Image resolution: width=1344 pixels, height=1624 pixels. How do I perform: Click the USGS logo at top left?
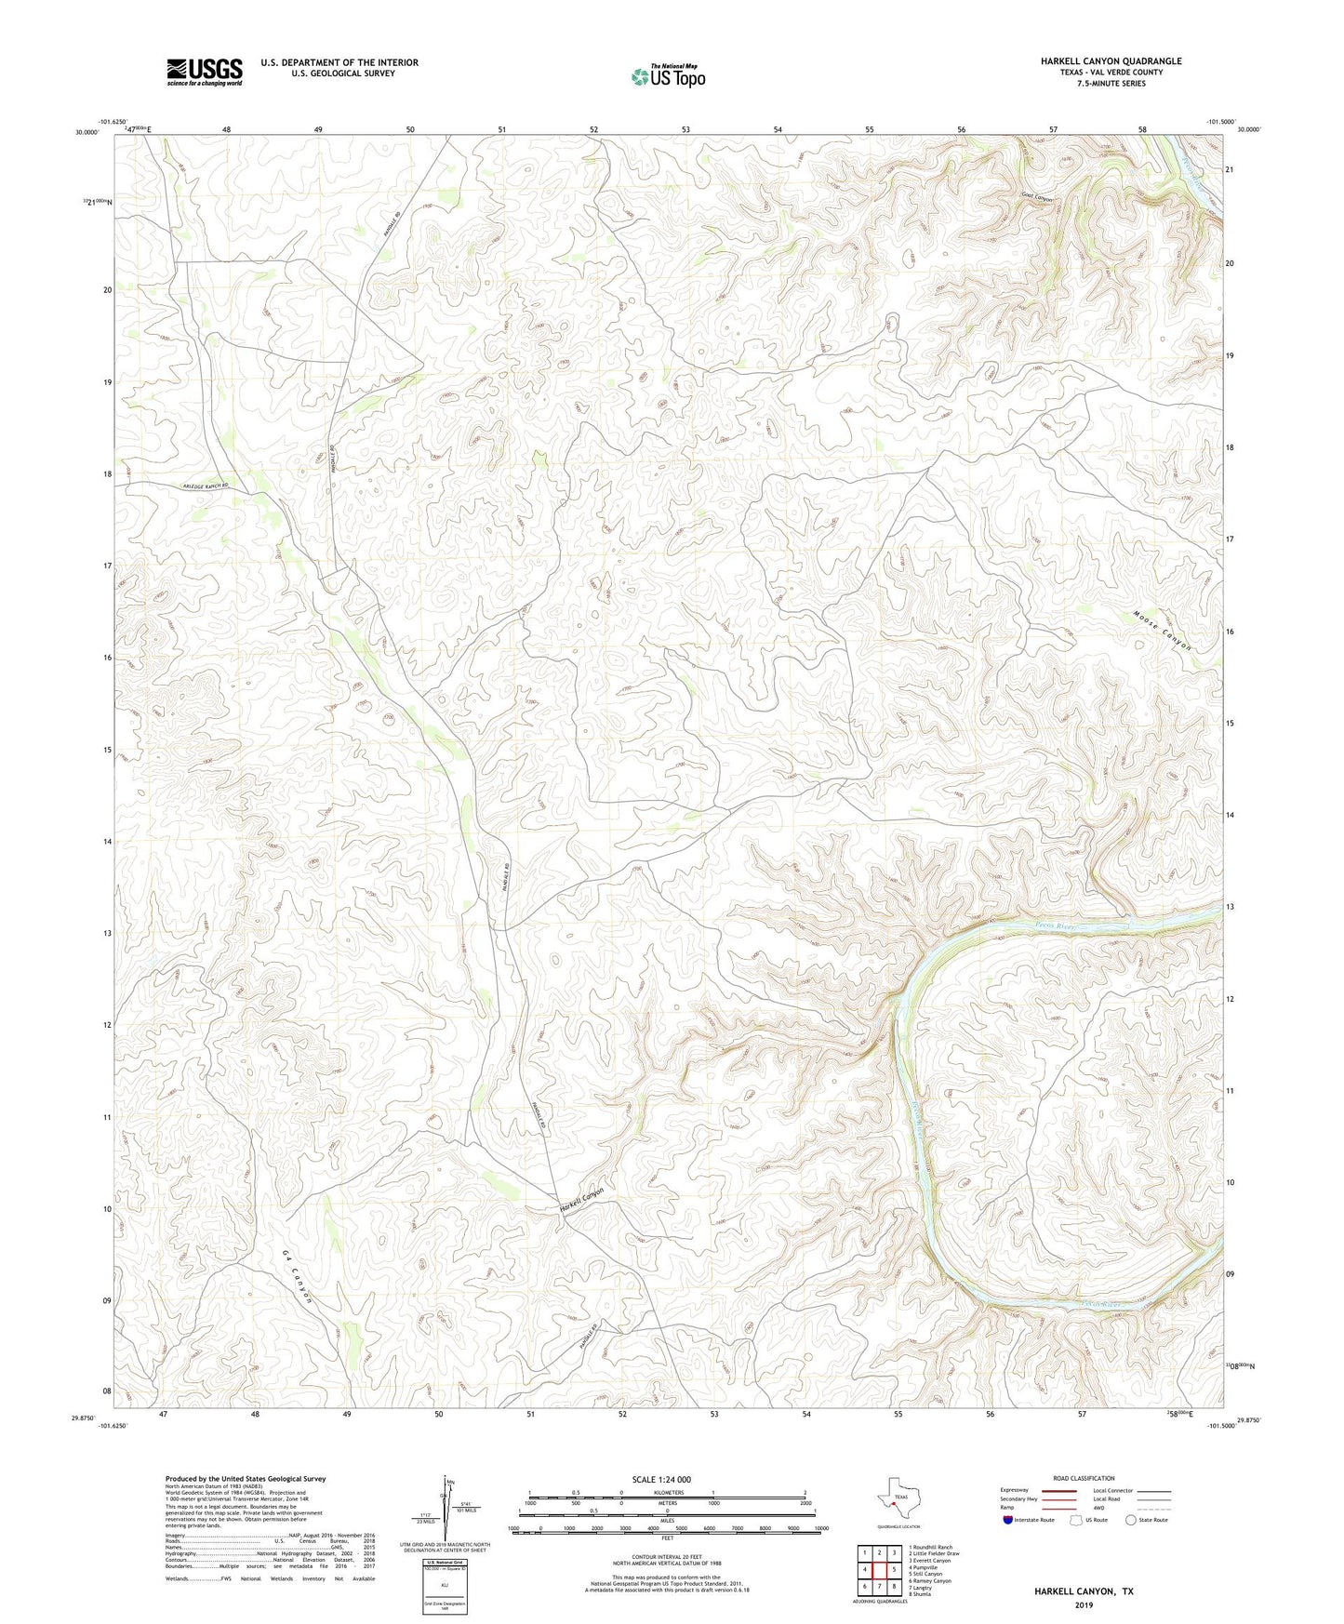pyautogui.click(x=205, y=72)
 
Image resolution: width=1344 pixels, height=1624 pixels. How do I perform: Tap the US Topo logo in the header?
pyautogui.click(x=667, y=76)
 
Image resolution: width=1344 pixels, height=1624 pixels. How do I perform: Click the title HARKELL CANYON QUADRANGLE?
pyautogui.click(x=1111, y=61)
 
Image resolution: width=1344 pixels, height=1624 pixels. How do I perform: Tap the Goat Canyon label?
pyautogui.click(x=1037, y=197)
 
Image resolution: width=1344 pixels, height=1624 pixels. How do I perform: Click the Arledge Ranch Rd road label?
pyautogui.click(x=206, y=486)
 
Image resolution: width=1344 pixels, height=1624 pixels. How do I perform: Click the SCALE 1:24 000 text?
pyautogui.click(x=661, y=1479)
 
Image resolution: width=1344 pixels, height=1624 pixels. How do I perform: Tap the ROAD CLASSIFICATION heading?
pyautogui.click(x=1085, y=1478)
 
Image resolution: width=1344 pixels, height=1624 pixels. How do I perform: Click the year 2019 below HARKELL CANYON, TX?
pyautogui.click(x=1084, y=1604)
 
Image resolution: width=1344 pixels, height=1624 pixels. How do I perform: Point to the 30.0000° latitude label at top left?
pyautogui.click(x=86, y=133)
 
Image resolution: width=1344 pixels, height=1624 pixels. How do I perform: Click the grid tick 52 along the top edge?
pyautogui.click(x=593, y=129)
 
